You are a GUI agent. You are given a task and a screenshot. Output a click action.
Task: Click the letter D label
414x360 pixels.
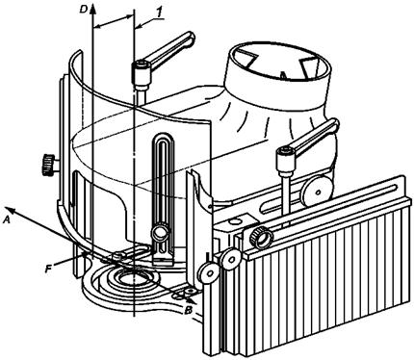point(84,10)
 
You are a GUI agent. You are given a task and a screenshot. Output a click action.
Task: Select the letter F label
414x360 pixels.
point(48,269)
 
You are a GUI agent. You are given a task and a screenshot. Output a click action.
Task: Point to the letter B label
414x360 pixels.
point(189,310)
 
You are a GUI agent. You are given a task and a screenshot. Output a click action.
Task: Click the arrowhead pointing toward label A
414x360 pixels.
point(12,211)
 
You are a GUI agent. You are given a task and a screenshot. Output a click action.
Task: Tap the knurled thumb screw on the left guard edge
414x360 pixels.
point(48,165)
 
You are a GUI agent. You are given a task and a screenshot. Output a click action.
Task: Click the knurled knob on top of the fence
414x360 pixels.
point(262,238)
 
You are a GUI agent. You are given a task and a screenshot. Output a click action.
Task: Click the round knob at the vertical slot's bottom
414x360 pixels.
point(160,232)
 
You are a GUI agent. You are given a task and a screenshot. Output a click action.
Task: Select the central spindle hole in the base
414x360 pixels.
point(134,276)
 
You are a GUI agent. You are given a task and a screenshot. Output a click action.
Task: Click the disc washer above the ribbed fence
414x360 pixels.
point(318,192)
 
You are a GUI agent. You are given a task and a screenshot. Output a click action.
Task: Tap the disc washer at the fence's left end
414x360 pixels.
point(230,259)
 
